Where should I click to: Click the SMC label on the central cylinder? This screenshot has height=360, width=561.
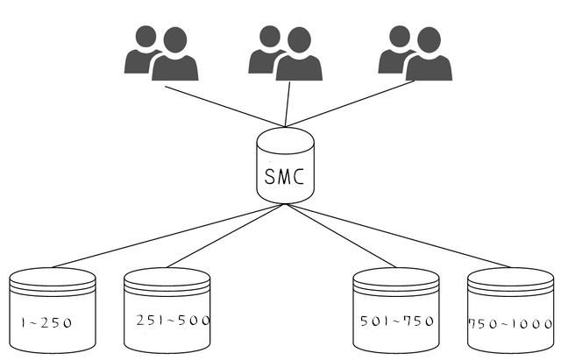pos(284,176)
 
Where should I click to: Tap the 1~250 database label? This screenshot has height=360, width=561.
pos(46,323)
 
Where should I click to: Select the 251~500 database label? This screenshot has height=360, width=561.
pos(173,321)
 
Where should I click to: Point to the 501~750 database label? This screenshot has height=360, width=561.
pos(397,321)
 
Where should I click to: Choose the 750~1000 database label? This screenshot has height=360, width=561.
pos(510,324)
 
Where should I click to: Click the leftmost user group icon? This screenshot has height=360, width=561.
pos(161,53)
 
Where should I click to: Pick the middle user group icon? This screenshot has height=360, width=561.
pos(286,53)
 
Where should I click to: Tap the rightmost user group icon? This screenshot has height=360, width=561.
pos(415,53)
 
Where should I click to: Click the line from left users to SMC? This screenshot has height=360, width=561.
pos(225,106)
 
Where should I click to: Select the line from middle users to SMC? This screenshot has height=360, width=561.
pos(288,104)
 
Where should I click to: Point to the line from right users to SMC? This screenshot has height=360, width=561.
pos(350,103)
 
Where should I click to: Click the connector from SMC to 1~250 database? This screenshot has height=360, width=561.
pos(168,236)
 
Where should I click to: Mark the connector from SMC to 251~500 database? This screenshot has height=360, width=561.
pos(226,236)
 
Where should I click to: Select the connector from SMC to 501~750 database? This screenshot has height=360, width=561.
pos(341,236)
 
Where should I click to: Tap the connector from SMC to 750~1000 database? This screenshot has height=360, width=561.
pos(398,236)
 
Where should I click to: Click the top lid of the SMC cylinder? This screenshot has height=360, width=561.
pos(286,140)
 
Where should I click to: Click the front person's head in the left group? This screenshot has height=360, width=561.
pos(175,40)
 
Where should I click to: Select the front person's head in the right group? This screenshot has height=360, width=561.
pos(429,40)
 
